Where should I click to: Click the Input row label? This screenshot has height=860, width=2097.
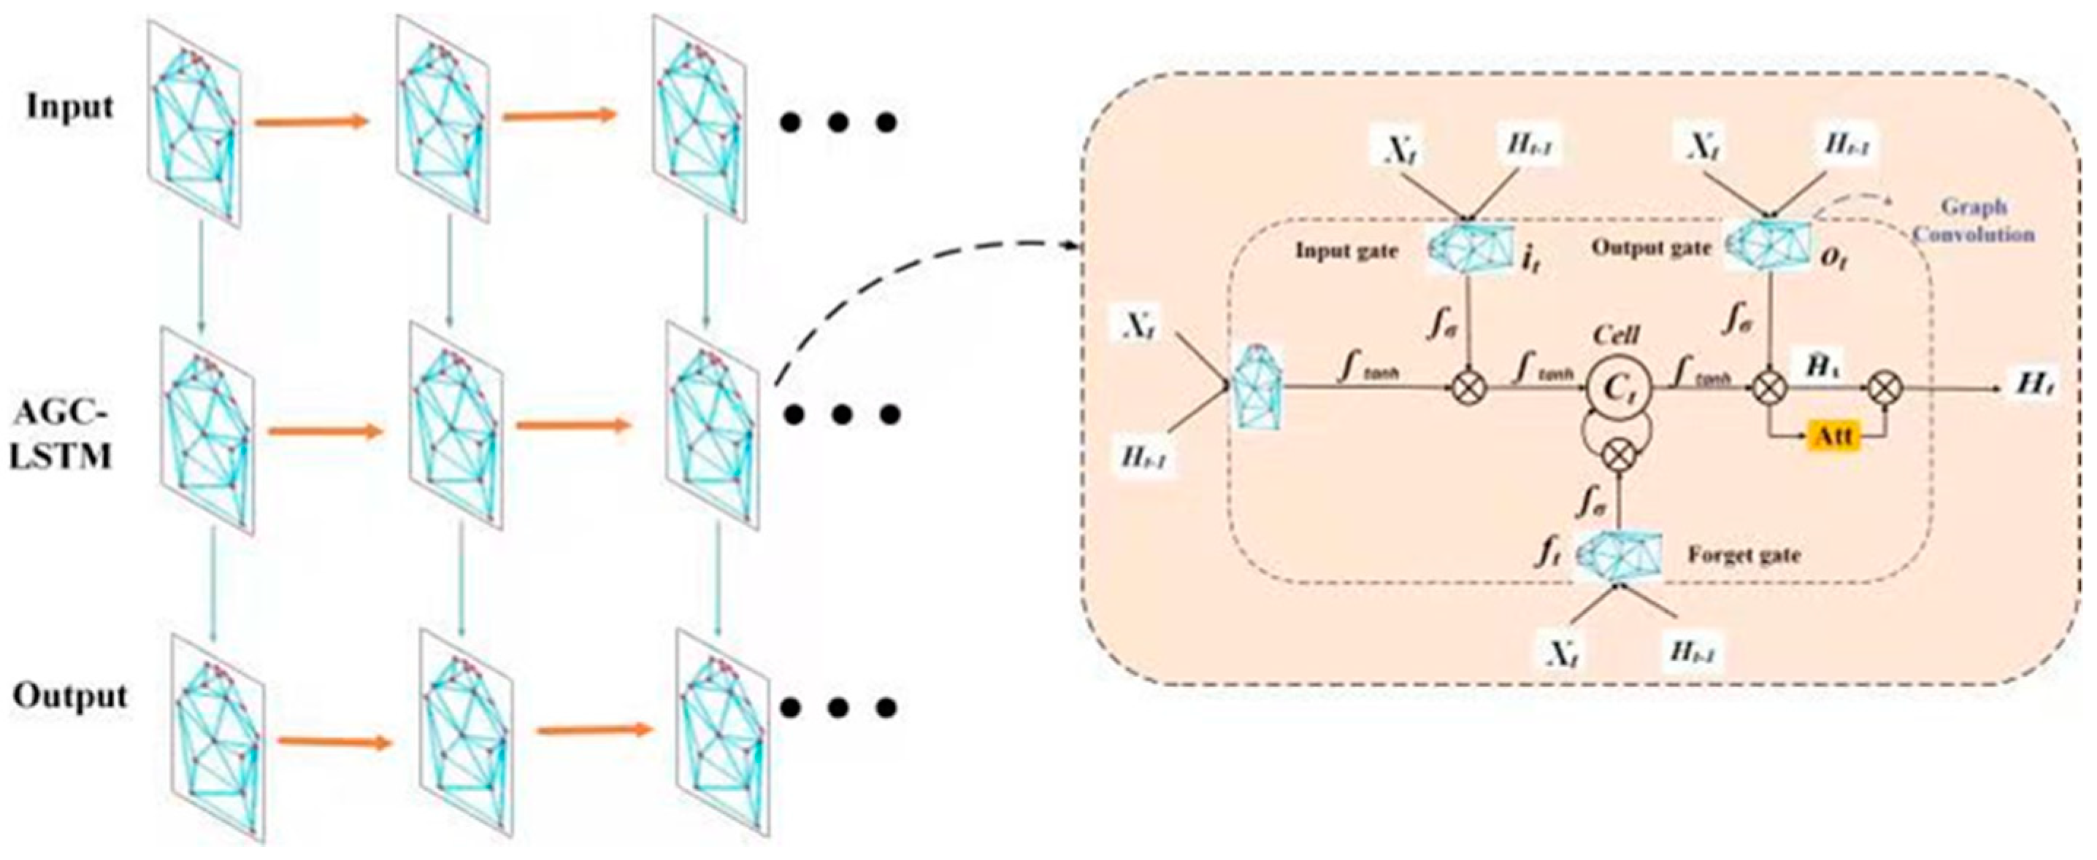click(x=70, y=107)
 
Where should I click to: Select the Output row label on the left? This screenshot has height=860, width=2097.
click(x=70, y=697)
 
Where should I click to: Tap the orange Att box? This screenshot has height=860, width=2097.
click(x=1833, y=437)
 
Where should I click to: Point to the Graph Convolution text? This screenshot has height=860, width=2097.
click(x=1971, y=220)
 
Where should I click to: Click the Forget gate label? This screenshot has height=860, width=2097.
click(x=1743, y=555)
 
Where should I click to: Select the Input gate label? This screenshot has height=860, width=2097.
click(x=1346, y=252)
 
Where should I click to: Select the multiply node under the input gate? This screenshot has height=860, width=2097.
click(x=1469, y=389)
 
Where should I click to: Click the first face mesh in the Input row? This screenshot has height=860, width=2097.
click(x=196, y=122)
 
